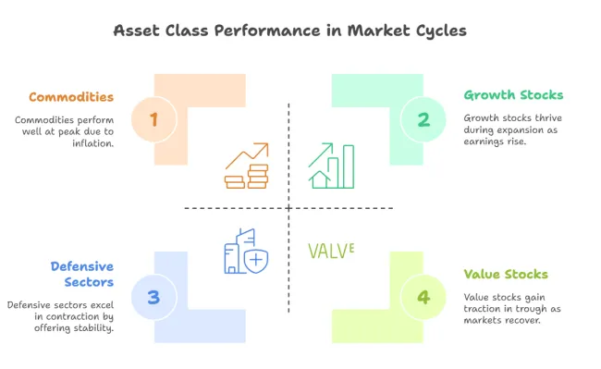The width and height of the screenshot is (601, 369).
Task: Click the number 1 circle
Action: click(153, 119)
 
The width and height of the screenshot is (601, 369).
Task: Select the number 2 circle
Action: click(423, 119)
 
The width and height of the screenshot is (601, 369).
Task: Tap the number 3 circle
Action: click(153, 297)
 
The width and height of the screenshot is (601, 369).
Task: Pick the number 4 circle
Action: click(423, 297)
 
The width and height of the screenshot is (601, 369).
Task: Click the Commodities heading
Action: click(71, 96)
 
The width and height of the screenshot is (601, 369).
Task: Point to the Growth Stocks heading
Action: click(513, 94)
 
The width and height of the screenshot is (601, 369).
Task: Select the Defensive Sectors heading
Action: click(81, 274)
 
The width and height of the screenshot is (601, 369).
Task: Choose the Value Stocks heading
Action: click(506, 274)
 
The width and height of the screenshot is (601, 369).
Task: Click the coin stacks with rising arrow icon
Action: click(247, 166)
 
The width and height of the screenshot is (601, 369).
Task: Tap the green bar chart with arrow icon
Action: click(332, 166)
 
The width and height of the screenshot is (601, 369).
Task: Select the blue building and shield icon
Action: click(245, 251)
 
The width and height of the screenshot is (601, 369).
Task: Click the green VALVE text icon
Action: click(331, 250)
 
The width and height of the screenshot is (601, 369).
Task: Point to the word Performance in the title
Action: click(260, 31)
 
